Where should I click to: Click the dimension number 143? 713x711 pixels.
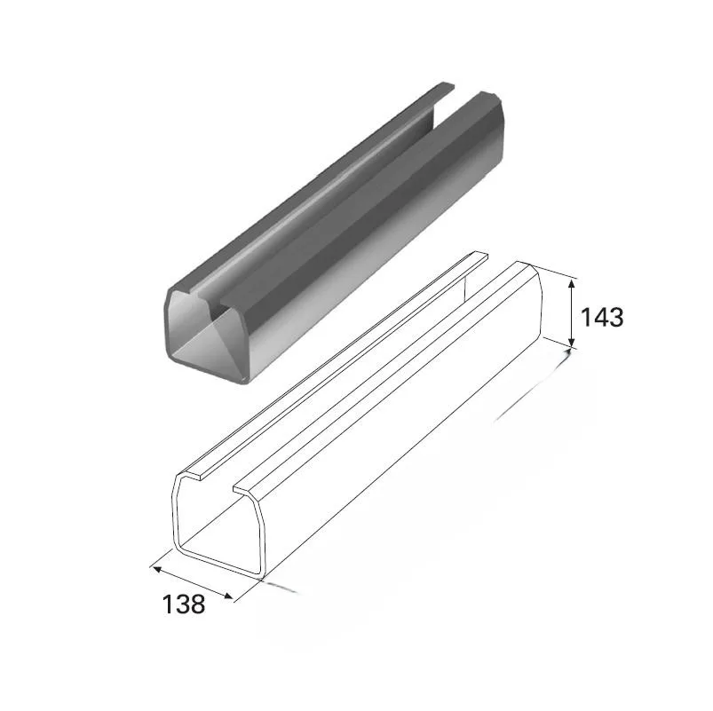tap(602, 317)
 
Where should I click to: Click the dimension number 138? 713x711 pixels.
tap(184, 604)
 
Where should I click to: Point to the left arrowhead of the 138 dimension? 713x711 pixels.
tap(158, 569)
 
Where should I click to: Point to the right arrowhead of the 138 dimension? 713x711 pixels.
tap(228, 596)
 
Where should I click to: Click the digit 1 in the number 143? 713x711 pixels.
tap(586, 317)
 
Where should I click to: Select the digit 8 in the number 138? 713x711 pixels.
tap(198, 604)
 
